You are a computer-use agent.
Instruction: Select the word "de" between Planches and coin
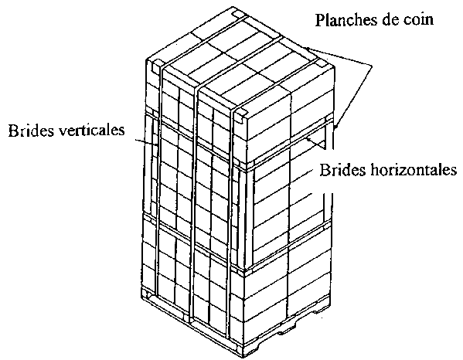tap(390, 20)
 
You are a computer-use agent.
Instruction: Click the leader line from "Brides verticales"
tap(146, 142)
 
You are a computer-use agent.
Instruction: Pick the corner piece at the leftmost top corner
tap(156, 66)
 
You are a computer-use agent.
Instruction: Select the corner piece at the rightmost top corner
tap(324, 63)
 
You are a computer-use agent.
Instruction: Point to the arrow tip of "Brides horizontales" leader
tap(307, 138)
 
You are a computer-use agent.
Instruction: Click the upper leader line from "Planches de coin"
tap(339, 56)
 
